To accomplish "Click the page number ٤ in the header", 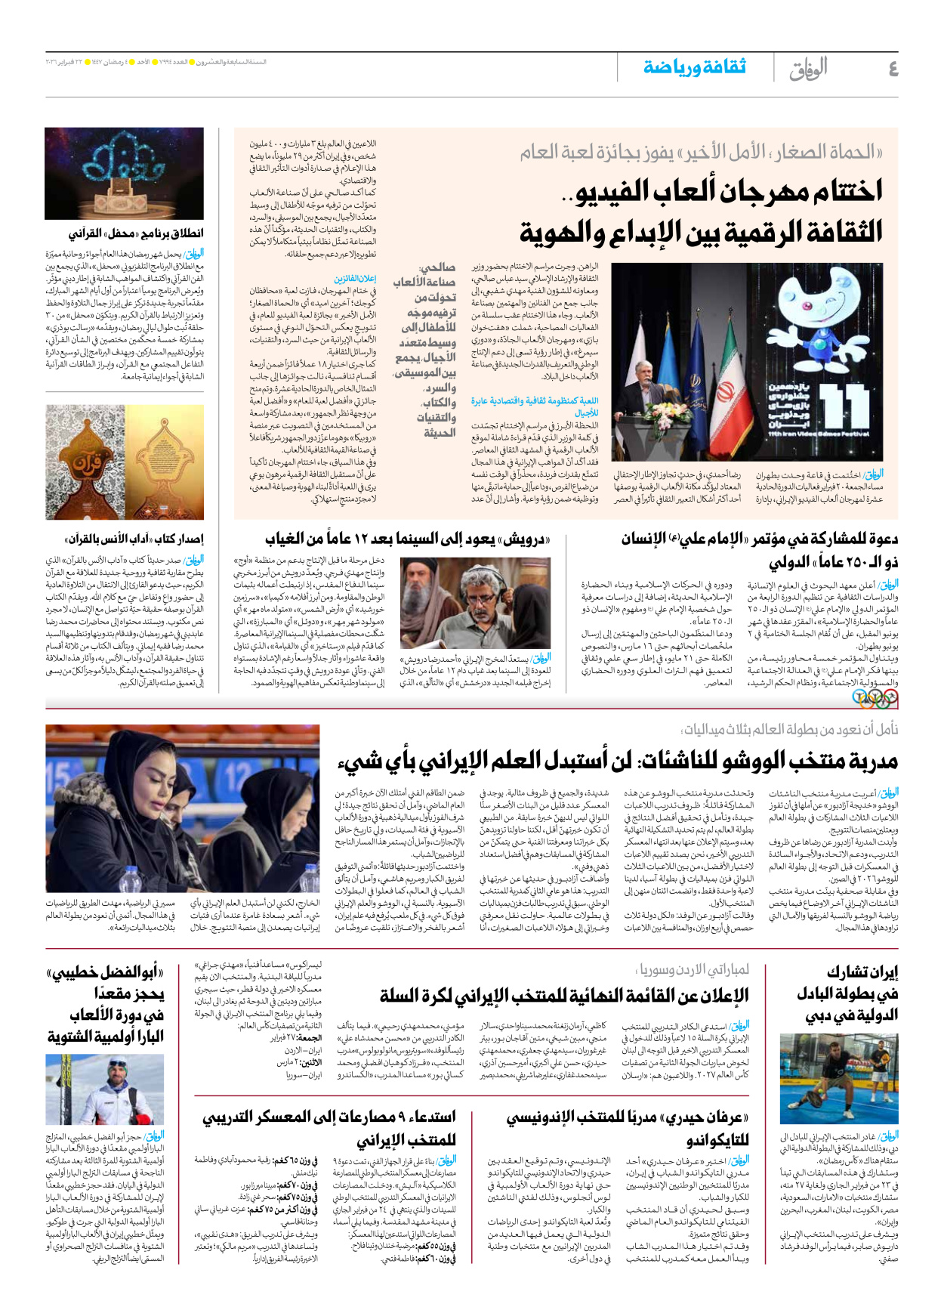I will tap(892, 69).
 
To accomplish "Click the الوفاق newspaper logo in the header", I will tap(807, 69).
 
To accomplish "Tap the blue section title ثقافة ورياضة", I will tap(694, 67).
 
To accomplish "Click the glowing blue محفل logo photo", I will tap(124, 173).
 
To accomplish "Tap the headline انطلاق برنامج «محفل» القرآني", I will tap(136, 233).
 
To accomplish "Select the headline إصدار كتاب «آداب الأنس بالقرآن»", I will tap(134, 539).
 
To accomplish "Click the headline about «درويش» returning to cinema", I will tap(407, 539).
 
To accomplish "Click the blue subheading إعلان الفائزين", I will tap(355, 279).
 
